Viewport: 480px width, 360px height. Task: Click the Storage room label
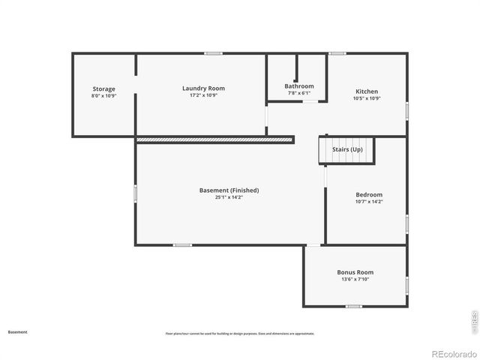pyautogui.click(x=103, y=89)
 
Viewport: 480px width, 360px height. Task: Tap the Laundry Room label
pyautogui.click(x=203, y=88)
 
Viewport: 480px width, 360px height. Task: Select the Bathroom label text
pyautogui.click(x=298, y=86)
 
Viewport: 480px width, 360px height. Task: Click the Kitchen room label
pyautogui.click(x=367, y=91)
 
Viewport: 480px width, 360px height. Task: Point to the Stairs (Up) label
pyautogui.click(x=347, y=150)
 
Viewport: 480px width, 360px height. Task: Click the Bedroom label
pyautogui.click(x=368, y=195)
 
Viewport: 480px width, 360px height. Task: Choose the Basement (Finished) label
pyautogui.click(x=229, y=190)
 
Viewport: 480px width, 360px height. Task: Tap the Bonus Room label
pyautogui.click(x=355, y=272)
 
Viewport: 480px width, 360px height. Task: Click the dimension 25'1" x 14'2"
pyautogui.click(x=229, y=197)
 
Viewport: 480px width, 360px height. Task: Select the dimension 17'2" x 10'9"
pyautogui.click(x=203, y=95)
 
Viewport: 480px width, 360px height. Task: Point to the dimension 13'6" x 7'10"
pyautogui.click(x=355, y=279)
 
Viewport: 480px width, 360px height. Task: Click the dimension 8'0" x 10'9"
pyautogui.click(x=103, y=96)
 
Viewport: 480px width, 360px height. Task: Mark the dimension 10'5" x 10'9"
pyautogui.click(x=367, y=98)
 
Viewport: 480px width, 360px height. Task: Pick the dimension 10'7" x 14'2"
pyautogui.click(x=368, y=202)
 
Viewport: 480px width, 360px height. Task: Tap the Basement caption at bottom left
pyautogui.click(x=17, y=331)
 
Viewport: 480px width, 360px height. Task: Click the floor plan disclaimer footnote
pyautogui.click(x=239, y=334)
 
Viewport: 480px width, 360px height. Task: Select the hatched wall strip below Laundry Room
pyautogui.click(x=214, y=139)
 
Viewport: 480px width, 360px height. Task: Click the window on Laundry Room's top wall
pyautogui.click(x=214, y=53)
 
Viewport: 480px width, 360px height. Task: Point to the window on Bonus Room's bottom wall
pyautogui.click(x=353, y=306)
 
